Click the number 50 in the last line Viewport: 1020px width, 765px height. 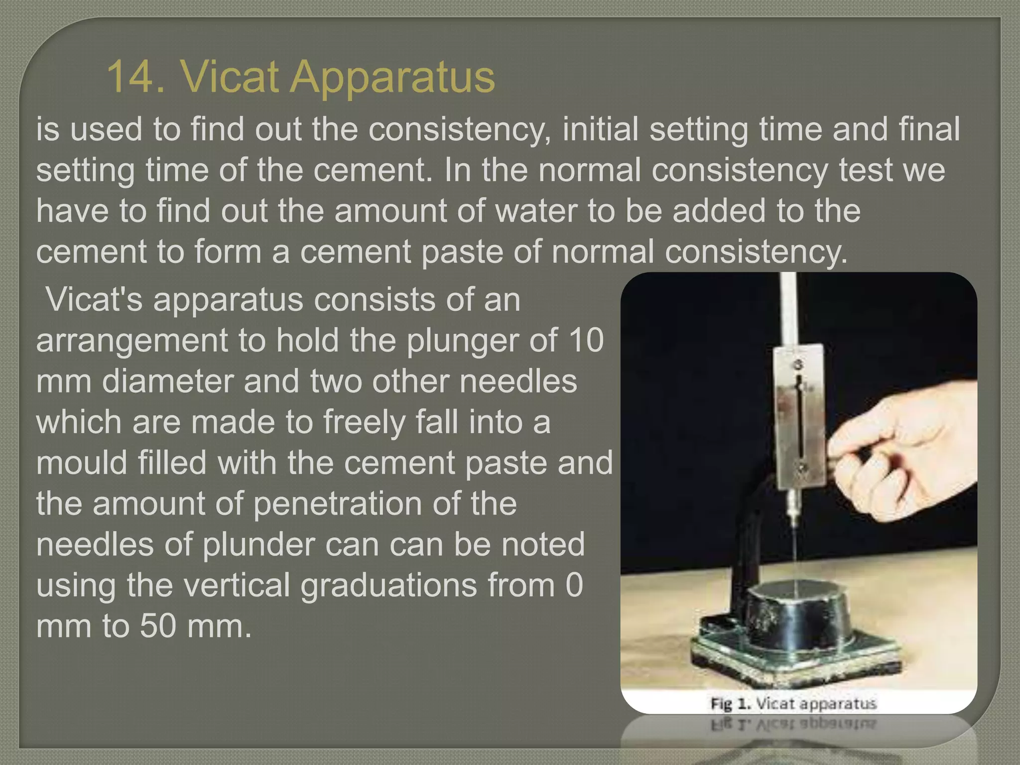click(158, 626)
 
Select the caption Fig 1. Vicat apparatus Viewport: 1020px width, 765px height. click(793, 704)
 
